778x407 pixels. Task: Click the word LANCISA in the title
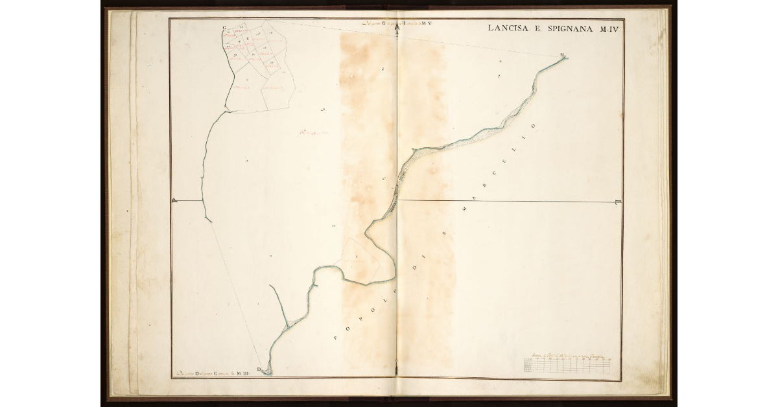tap(508, 29)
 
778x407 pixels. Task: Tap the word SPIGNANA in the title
tap(563, 29)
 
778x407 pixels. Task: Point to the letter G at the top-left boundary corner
tap(224, 28)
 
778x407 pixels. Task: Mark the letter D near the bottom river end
tap(259, 369)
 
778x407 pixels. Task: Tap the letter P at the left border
tap(175, 201)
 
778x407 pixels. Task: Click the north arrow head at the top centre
tap(397, 26)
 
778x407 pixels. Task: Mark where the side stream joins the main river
tap(286, 321)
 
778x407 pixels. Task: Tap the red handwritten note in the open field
tap(315, 135)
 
